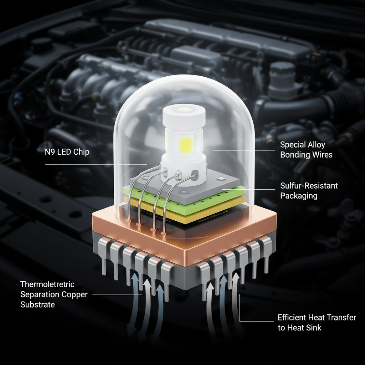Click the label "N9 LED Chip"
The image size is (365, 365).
[x=67, y=152]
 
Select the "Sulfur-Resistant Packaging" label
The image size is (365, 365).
[x=309, y=191]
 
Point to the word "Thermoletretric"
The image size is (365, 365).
[x=47, y=284]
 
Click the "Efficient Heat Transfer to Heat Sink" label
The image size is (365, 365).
[x=317, y=322]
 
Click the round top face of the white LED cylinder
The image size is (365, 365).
[x=184, y=109]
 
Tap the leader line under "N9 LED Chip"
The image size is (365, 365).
[x=96, y=165]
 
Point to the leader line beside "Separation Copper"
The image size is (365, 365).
[x=117, y=295]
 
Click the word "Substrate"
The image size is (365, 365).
[x=37, y=304]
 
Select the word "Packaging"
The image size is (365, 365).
[x=299, y=196]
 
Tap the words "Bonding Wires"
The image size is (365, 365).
[x=306, y=155]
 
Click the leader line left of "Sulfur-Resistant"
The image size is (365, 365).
[x=248, y=190]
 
